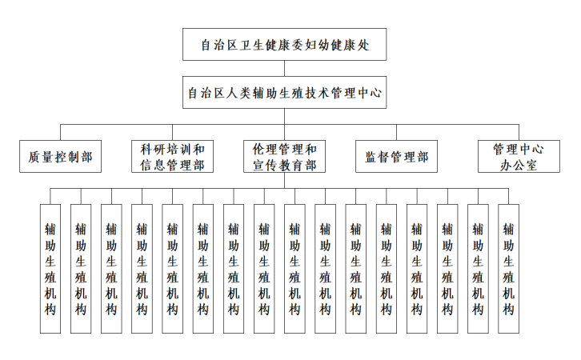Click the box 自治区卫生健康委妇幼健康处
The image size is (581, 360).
284,44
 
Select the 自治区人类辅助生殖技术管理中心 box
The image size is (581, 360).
284,93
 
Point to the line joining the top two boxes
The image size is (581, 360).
284,68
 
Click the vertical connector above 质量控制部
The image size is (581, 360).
61,133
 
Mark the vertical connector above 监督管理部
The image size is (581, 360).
397,133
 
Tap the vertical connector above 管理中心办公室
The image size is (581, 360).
519,133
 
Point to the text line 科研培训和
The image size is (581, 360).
172,149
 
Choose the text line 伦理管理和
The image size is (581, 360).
284,149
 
